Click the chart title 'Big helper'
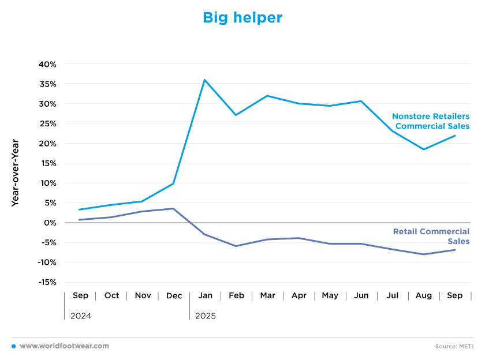click(x=242, y=18)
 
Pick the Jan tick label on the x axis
click(x=205, y=295)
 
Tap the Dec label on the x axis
click(x=174, y=295)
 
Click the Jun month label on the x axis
click(x=361, y=295)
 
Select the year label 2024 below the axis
click(x=80, y=316)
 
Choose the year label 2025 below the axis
click(x=205, y=316)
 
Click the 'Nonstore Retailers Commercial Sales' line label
click(x=430, y=121)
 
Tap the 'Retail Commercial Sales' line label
click(x=431, y=237)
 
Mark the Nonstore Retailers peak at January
click(x=204, y=80)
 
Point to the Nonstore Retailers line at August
click(x=424, y=149)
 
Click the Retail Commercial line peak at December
click(x=174, y=208)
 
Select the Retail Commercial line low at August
click(x=424, y=254)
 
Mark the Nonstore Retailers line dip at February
click(x=236, y=115)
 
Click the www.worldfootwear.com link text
click(x=64, y=346)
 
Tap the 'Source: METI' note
click(x=454, y=346)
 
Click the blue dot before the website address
click(x=13, y=346)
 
